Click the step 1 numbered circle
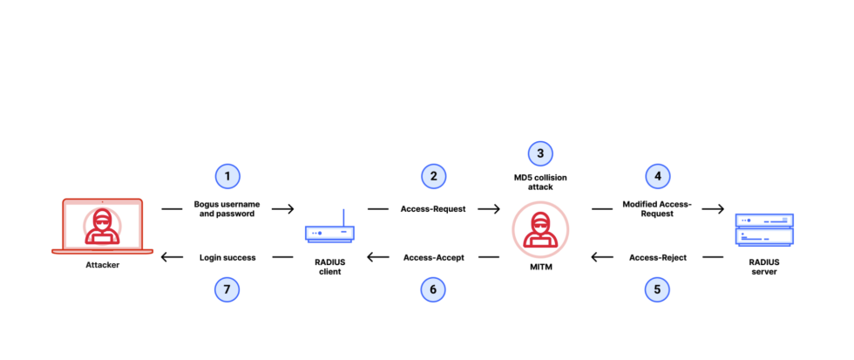pos(227,175)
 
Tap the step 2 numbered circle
pos(433,175)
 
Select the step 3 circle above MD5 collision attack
pos(540,153)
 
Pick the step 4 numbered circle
pos(658,175)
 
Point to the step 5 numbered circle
pos(658,289)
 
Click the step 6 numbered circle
pos(433,289)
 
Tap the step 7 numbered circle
pos(227,289)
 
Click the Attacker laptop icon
pos(103,227)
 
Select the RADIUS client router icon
pos(329,233)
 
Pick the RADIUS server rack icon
pos(764,230)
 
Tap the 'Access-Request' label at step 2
pos(433,209)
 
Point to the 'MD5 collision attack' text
pos(540,182)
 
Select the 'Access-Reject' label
pos(658,257)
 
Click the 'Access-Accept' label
pos(433,257)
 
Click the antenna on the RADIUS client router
pos(342,216)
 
